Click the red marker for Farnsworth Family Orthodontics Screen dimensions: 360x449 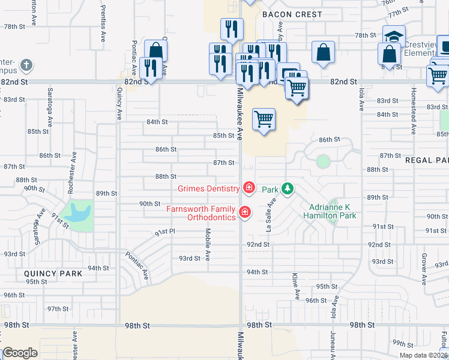point(244,212)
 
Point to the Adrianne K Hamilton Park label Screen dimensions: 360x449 point(330,211)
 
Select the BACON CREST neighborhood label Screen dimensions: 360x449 point(292,14)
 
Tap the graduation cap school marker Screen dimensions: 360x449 point(394,35)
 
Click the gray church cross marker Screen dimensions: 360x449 point(26,64)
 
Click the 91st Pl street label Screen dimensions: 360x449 point(164,232)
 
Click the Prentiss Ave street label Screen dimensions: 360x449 point(103,29)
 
